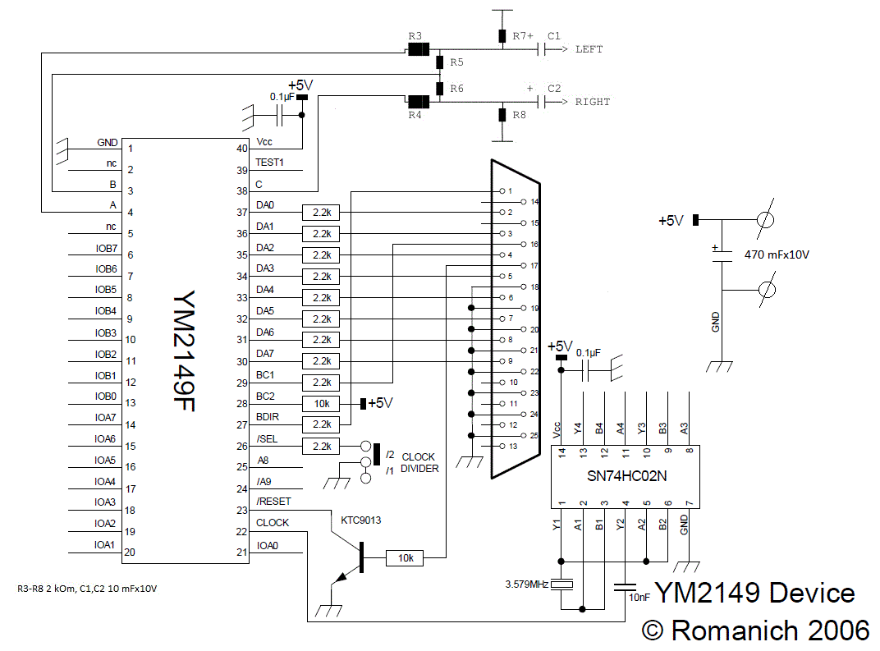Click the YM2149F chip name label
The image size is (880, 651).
pyautogui.click(x=184, y=351)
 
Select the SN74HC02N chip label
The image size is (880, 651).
pyautogui.click(x=626, y=476)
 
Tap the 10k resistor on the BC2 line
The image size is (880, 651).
pyautogui.click(x=322, y=404)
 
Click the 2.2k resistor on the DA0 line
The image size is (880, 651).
pyautogui.click(x=322, y=212)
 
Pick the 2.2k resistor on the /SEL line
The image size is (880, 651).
pyautogui.click(x=322, y=446)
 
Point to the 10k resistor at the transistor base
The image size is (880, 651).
pyautogui.click(x=406, y=558)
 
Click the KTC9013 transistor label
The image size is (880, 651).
pyautogui.click(x=361, y=520)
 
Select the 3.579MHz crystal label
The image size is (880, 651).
pyautogui.click(x=526, y=585)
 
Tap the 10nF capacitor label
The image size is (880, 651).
pyautogui.click(x=639, y=598)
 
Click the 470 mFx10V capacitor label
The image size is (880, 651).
pyautogui.click(x=777, y=254)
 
